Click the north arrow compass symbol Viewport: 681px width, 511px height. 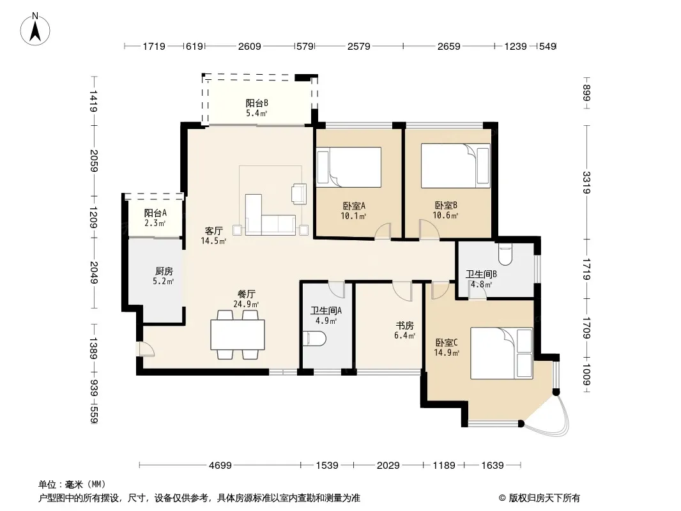click(x=35, y=29)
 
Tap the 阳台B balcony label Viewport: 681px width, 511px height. click(x=257, y=103)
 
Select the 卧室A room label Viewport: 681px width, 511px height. click(x=353, y=205)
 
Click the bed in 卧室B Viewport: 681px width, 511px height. click(x=455, y=166)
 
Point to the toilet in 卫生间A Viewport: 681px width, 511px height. click(x=314, y=339)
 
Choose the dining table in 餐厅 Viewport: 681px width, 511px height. click(x=238, y=334)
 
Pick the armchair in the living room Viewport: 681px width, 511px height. click(x=299, y=194)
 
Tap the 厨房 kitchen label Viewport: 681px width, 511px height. click(x=164, y=271)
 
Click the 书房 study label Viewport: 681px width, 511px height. click(x=404, y=326)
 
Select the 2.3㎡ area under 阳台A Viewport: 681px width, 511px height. click(x=155, y=224)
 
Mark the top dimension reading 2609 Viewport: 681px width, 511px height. click(x=250, y=46)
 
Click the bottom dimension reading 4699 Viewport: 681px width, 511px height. click(x=220, y=466)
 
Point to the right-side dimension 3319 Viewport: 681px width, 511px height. click(x=586, y=182)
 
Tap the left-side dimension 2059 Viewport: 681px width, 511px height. click(x=94, y=160)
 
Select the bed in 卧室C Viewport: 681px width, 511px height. click(x=501, y=353)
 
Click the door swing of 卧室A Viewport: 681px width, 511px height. click(x=383, y=231)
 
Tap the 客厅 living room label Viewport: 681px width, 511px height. click(x=213, y=231)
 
